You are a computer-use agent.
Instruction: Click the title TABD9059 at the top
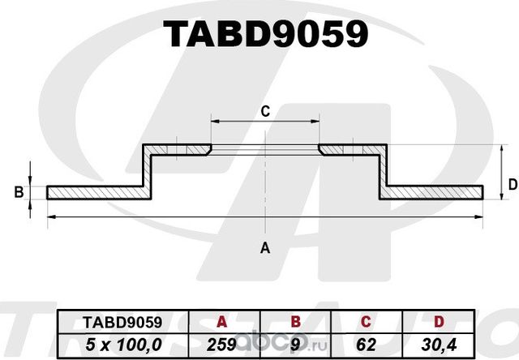(x=266, y=34)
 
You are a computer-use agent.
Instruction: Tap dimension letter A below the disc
(x=264, y=248)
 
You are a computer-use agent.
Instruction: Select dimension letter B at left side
(x=18, y=192)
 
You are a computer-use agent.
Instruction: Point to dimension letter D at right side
(x=512, y=185)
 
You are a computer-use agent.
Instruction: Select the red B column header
(x=296, y=321)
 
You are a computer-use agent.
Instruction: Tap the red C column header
(x=365, y=321)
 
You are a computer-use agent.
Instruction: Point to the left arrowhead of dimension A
(x=50, y=216)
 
